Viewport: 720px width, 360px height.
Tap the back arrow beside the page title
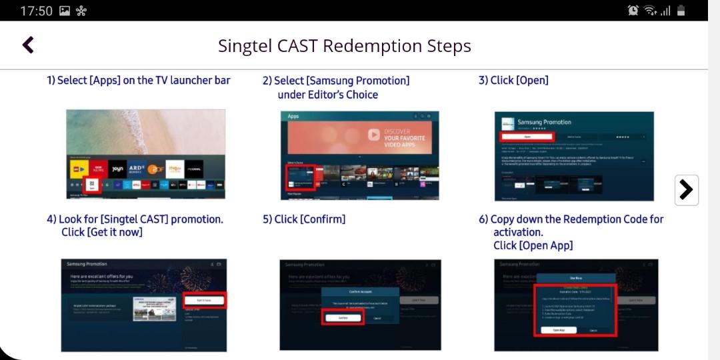click(x=28, y=45)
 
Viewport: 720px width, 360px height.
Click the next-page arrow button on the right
click(x=686, y=190)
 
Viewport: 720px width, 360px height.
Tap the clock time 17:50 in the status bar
click(x=36, y=11)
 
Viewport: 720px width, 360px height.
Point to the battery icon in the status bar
click(x=681, y=11)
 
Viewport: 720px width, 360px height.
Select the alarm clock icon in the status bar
click(x=633, y=11)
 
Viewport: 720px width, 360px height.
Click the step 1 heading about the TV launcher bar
click(x=139, y=81)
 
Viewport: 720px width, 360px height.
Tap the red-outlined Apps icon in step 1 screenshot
click(x=92, y=185)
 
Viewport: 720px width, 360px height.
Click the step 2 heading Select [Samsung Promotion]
click(x=336, y=81)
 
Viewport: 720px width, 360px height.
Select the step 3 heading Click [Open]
click(x=513, y=81)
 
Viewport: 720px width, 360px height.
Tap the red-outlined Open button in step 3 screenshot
click(x=527, y=136)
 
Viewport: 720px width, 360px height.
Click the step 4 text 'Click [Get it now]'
click(x=102, y=232)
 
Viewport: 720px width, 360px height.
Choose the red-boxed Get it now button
click(x=204, y=301)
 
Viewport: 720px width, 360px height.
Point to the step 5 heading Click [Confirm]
click(x=304, y=219)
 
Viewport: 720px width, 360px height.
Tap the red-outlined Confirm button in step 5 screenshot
click(x=343, y=318)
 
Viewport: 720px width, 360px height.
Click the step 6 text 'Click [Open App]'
click(x=533, y=245)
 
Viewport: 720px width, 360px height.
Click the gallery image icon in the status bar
click(x=65, y=11)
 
